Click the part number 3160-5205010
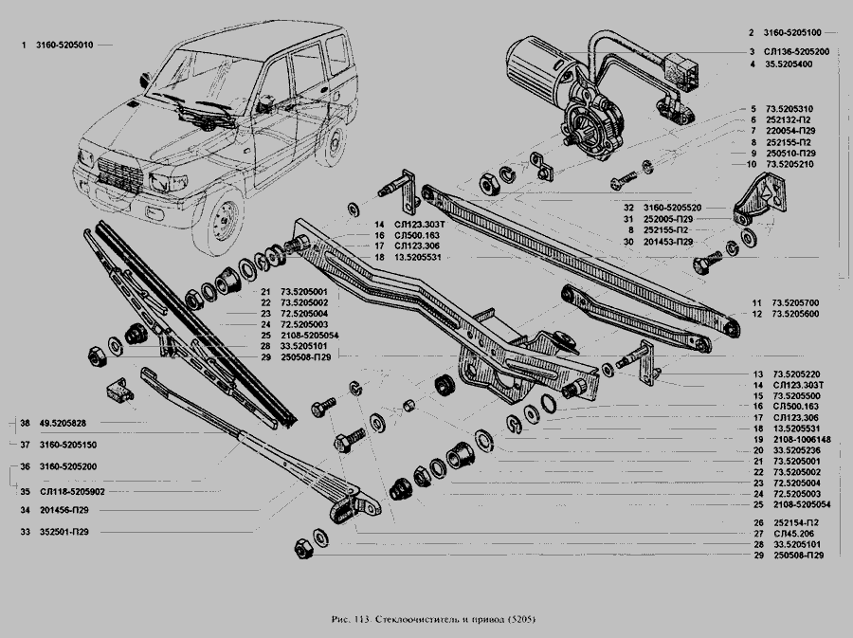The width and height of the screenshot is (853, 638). pyautogui.click(x=64, y=45)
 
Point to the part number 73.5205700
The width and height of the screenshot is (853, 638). pyautogui.click(x=797, y=303)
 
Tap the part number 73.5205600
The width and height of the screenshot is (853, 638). pyautogui.click(x=797, y=314)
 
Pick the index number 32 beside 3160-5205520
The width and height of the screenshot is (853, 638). pyautogui.click(x=628, y=207)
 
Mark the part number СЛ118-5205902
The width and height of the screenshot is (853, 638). pyautogui.click(x=72, y=491)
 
